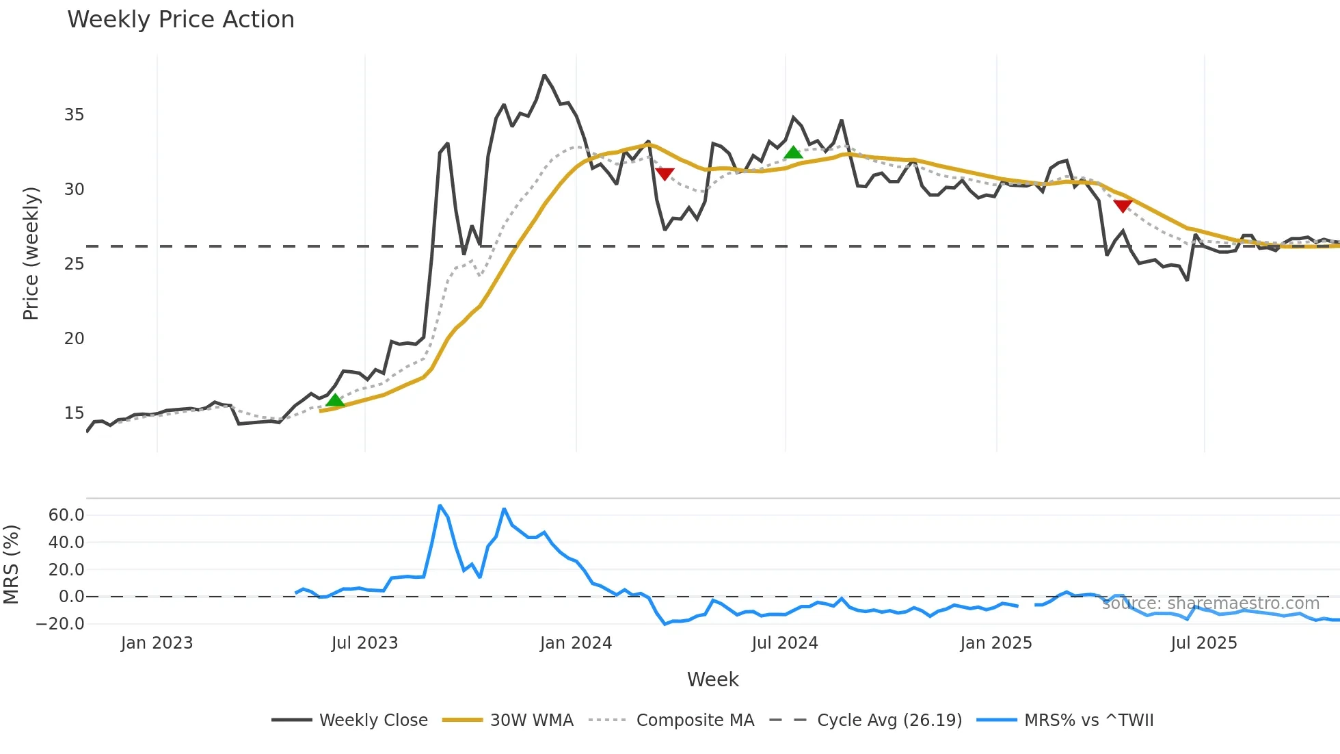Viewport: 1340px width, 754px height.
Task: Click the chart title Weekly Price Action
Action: pyautogui.click(x=180, y=20)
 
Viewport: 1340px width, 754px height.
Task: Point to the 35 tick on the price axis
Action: pyautogui.click(x=74, y=115)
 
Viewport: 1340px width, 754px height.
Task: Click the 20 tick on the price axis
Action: pyautogui.click(x=74, y=339)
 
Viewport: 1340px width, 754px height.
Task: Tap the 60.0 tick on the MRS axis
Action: pyautogui.click(x=66, y=515)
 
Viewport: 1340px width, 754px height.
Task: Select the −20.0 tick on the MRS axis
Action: pyautogui.click(x=60, y=624)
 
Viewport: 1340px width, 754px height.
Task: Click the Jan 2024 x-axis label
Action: pyautogui.click(x=576, y=643)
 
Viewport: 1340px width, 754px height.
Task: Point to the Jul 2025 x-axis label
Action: pyautogui.click(x=1204, y=643)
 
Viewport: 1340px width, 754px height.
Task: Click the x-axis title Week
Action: pyautogui.click(x=712, y=679)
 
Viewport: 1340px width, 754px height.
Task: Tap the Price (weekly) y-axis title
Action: pyautogui.click(x=31, y=253)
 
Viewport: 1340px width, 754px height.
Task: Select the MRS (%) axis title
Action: pyautogui.click(x=11, y=564)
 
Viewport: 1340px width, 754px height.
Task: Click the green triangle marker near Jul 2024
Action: pyautogui.click(x=793, y=153)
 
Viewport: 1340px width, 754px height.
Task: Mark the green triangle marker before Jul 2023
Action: pyautogui.click(x=335, y=400)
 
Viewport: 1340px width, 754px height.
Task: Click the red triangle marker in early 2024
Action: pyautogui.click(x=665, y=174)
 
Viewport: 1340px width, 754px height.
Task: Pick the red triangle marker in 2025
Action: pyautogui.click(x=1123, y=205)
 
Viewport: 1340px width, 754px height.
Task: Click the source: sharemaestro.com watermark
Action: pyautogui.click(x=1210, y=603)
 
